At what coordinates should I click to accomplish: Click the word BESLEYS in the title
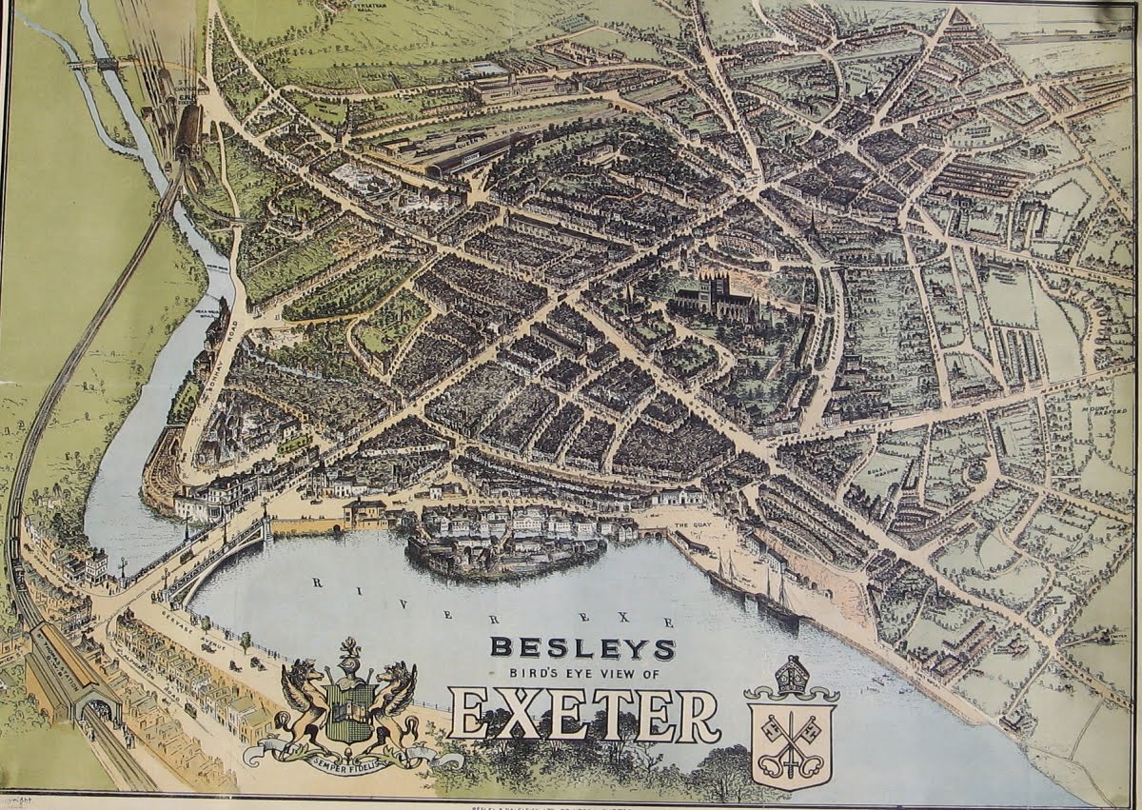tap(582, 648)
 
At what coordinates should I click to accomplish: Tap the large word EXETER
tap(584, 716)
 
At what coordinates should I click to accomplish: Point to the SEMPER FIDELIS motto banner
tap(352, 759)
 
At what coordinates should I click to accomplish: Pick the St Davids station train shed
tap(188, 128)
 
